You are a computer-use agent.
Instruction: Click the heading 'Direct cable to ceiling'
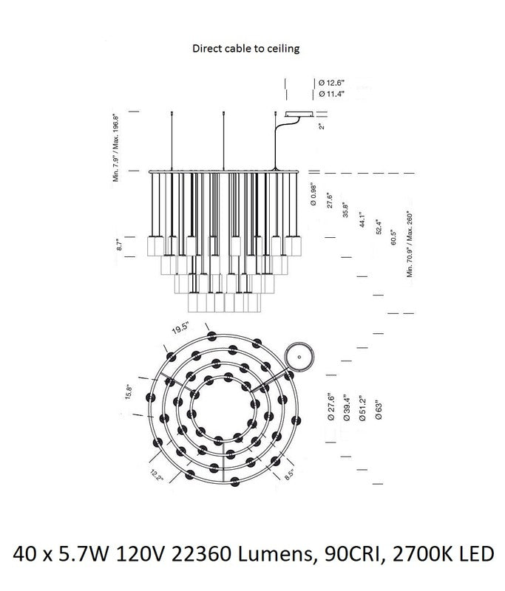[246, 49]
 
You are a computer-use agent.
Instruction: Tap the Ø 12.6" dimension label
[331, 83]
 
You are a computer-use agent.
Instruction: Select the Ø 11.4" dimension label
[331, 94]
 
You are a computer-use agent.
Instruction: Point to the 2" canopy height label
[322, 125]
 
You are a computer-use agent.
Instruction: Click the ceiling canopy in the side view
[299, 115]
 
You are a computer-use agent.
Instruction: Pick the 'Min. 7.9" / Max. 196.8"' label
[116, 148]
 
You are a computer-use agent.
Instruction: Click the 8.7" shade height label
[120, 245]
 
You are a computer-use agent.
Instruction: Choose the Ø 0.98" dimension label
[313, 194]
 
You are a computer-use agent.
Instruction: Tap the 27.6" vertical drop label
[330, 200]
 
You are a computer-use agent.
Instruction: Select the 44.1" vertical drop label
[362, 219]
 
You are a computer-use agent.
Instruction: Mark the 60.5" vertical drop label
[394, 237]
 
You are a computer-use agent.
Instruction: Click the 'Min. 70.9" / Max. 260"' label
[410, 245]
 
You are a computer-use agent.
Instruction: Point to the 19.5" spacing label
[180, 328]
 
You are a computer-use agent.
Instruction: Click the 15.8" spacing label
[128, 392]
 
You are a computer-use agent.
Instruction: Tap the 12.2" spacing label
[157, 475]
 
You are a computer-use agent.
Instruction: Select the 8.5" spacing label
[289, 474]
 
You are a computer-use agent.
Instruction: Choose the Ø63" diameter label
[379, 410]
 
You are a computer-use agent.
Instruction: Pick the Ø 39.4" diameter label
[347, 408]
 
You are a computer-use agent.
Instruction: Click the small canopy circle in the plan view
[299, 357]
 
